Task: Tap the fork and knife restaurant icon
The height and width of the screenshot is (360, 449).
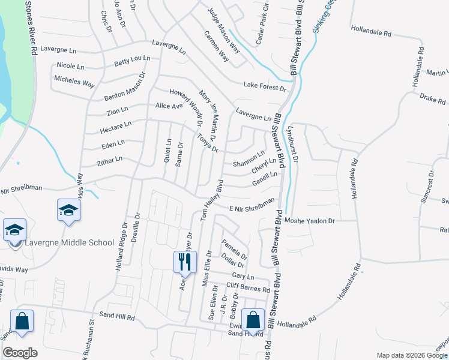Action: pyautogui.click(x=184, y=262)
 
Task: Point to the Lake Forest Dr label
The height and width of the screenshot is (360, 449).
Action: pyautogui.click(x=265, y=87)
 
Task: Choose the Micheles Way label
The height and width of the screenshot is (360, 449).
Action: pyautogui.click(x=74, y=81)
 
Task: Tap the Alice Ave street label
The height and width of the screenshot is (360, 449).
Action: pyautogui.click(x=169, y=106)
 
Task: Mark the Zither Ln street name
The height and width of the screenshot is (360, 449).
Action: pyautogui.click(x=109, y=161)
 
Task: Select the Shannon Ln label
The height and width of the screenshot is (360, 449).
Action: pyautogui.click(x=248, y=158)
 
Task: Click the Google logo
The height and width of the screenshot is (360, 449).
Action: pyautogui.click(x=20, y=353)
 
